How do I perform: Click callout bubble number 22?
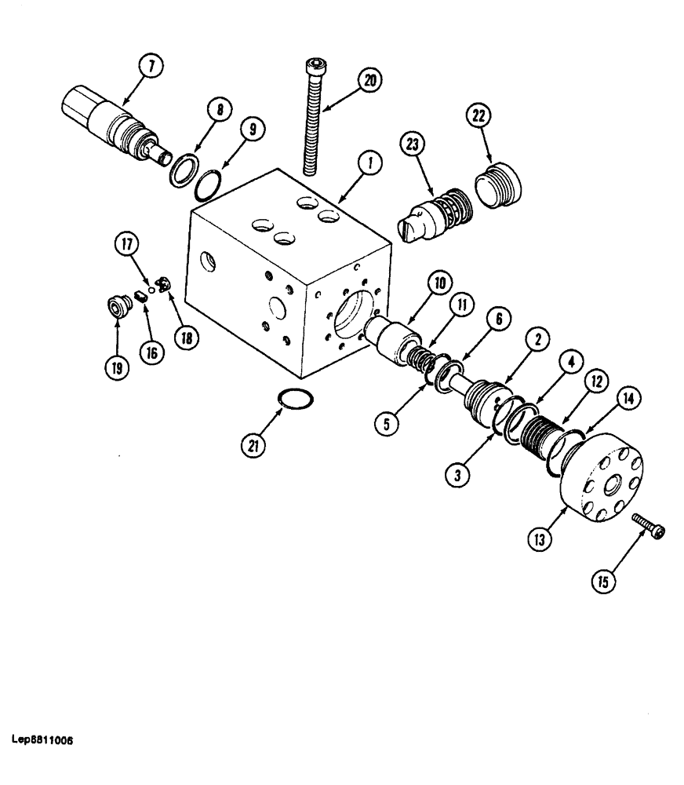478,116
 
